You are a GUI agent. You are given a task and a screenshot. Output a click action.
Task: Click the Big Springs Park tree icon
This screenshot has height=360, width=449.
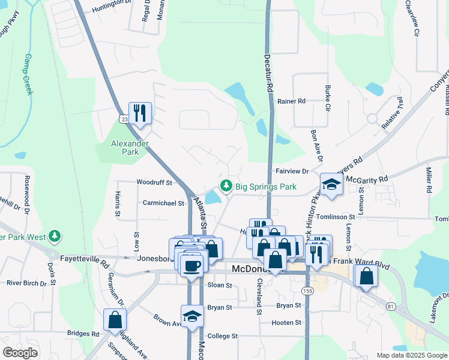tap(226, 187)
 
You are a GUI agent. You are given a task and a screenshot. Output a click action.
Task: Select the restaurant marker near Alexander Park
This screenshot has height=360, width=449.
tap(140, 112)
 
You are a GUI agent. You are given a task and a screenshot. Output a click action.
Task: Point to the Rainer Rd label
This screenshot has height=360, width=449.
tap(292, 101)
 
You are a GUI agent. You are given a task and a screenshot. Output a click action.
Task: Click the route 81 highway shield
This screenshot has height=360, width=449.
tap(391, 307)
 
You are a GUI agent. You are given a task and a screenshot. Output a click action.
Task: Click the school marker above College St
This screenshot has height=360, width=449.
tap(192, 316)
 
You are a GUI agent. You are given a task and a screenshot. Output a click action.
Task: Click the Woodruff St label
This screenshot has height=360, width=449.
tap(154, 182)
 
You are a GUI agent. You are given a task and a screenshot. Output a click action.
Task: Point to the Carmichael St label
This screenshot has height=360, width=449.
tap(163, 203)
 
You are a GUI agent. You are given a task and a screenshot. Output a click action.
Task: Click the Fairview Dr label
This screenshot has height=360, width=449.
tap(292, 171)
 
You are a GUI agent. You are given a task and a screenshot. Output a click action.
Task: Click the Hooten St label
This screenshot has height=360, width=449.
tap(286, 322)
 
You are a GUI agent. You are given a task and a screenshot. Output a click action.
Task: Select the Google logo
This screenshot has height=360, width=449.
tap(20, 353)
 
